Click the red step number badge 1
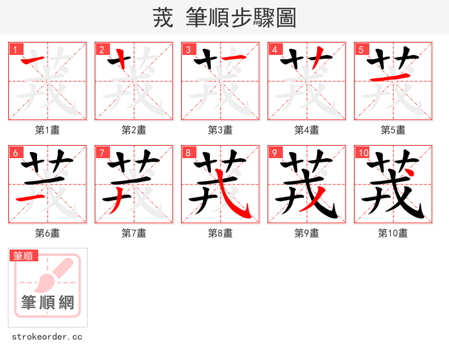[x=15, y=49]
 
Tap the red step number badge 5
[x=361, y=49]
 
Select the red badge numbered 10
[x=363, y=153]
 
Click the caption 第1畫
[x=48, y=130]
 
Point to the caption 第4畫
[x=307, y=130]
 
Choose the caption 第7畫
[x=134, y=233]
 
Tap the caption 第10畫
[x=393, y=233]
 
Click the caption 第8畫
[x=221, y=233]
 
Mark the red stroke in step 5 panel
[x=391, y=77]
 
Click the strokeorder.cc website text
[x=47, y=337]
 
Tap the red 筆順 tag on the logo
[x=24, y=256]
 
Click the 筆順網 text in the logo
[x=48, y=303]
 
